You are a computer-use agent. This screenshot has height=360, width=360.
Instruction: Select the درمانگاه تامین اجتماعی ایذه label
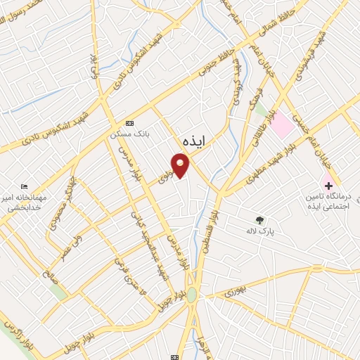coord(328,202)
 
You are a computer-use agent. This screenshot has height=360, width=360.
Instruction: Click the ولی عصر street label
coord(63,243)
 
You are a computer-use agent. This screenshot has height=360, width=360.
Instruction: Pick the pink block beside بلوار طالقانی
coord(283,124)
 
